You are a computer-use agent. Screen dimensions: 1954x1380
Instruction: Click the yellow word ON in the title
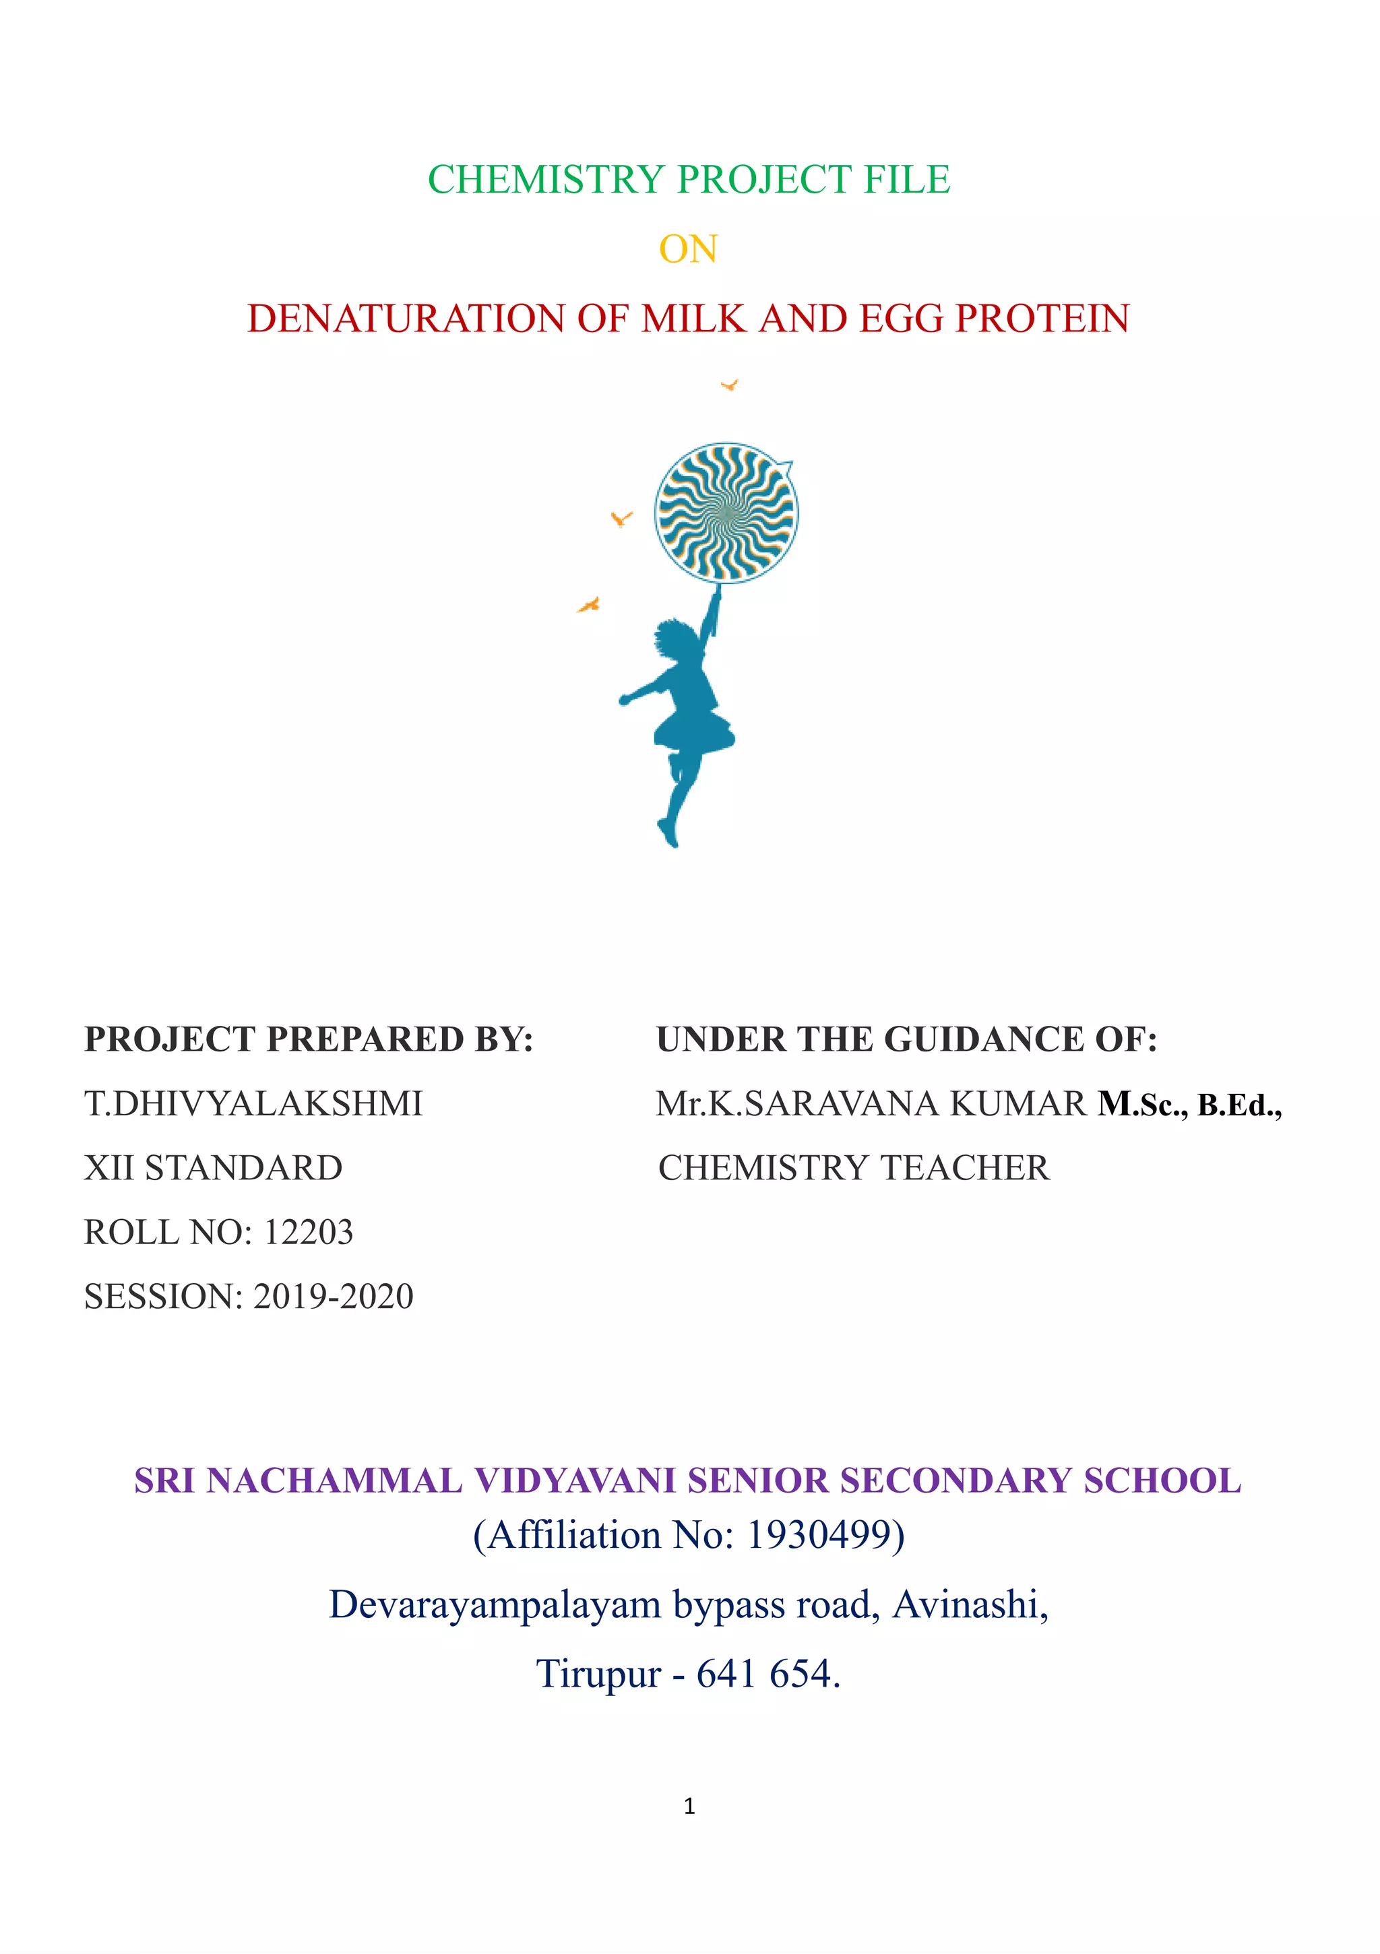pos(688,249)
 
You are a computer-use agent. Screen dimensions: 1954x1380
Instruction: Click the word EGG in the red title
pos(902,319)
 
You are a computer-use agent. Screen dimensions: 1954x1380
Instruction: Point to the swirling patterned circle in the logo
pos(726,513)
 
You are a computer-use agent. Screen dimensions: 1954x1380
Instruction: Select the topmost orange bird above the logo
pos(728,385)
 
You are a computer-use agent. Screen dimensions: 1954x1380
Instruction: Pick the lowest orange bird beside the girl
pos(588,605)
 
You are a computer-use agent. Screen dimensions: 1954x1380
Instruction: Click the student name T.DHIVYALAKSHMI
pos(253,1104)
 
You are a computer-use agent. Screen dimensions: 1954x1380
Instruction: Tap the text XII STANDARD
pos(213,1169)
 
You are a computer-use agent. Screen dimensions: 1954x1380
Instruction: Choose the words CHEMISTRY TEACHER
pos(854,1169)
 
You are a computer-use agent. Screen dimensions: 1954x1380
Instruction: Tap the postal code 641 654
pos(763,1674)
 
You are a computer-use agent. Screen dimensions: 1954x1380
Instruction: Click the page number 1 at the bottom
pos(689,1806)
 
